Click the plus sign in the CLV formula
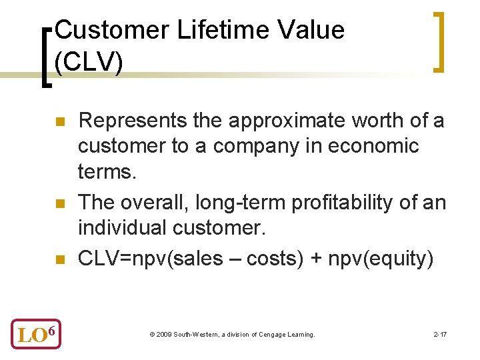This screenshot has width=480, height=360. [x=314, y=258]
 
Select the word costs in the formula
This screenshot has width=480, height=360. [x=273, y=258]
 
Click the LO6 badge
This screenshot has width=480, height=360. [x=35, y=333]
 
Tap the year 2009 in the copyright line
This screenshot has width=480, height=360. [x=163, y=334]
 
